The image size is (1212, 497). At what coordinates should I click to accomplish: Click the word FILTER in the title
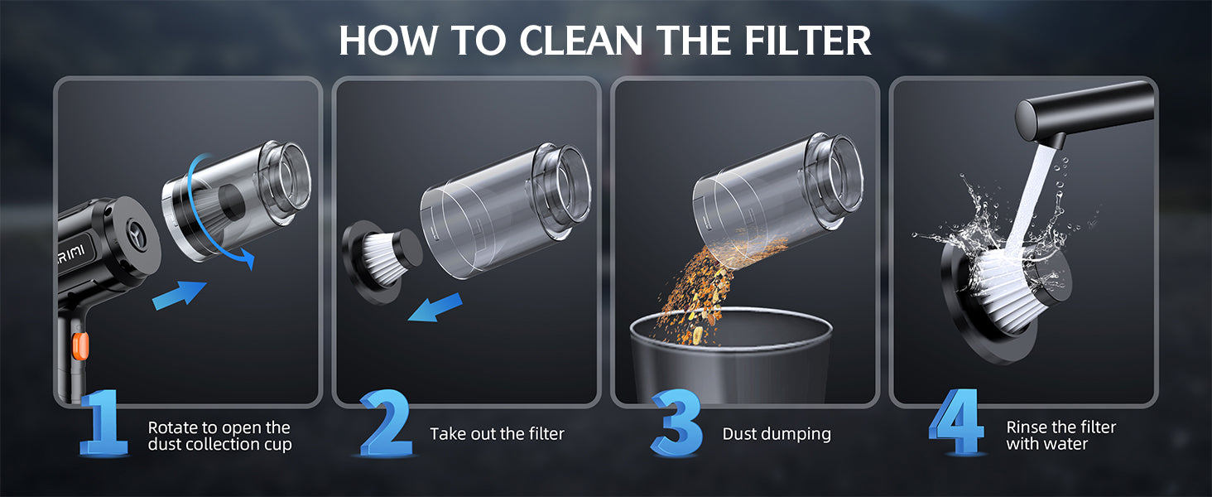pos(808,40)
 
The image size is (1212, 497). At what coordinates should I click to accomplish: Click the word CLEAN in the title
pos(581,40)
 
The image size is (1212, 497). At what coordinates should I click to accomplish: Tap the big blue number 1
pos(103,422)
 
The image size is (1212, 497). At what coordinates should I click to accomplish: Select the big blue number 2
pos(387,422)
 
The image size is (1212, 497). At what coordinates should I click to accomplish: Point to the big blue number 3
pos(676,422)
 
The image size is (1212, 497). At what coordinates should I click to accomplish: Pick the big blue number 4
pos(956,422)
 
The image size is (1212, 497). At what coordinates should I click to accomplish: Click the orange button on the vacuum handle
pos(80,346)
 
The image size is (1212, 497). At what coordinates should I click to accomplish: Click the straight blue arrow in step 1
pos(179,296)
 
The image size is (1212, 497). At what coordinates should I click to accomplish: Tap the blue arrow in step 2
pos(435,307)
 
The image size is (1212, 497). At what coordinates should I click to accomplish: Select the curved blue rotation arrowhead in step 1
pos(248,258)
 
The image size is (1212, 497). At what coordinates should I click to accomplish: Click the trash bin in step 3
pos(730,357)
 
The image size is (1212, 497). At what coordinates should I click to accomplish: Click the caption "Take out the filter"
pos(497,434)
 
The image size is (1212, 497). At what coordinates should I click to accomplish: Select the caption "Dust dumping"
pos(777,434)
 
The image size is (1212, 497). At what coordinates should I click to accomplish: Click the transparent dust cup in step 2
pos(506,211)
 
